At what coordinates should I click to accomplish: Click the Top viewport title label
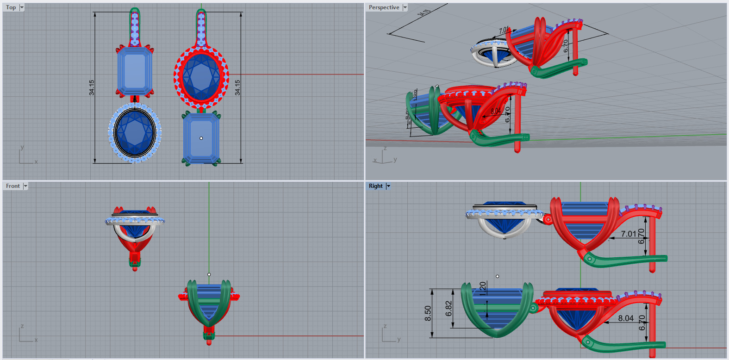[x=11, y=7]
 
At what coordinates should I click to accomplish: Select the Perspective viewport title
[x=384, y=7]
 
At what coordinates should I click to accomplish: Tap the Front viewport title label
[x=13, y=186]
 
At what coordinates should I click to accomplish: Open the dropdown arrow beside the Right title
[x=388, y=186]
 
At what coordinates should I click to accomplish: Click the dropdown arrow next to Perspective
[x=405, y=7]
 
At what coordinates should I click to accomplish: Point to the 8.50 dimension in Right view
[x=428, y=313]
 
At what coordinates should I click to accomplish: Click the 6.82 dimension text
[x=449, y=309]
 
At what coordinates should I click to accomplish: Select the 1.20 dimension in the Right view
[x=483, y=288]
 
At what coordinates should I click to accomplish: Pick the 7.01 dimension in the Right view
[x=629, y=234]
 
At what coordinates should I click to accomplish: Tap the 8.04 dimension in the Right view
[x=626, y=318]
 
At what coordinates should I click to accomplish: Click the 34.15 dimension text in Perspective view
[x=424, y=13]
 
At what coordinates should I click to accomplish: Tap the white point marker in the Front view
[x=209, y=274]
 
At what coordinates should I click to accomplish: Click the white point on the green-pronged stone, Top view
[x=201, y=138]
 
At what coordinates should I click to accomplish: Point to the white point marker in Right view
[x=497, y=276]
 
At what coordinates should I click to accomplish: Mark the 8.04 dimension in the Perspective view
[x=495, y=111]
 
